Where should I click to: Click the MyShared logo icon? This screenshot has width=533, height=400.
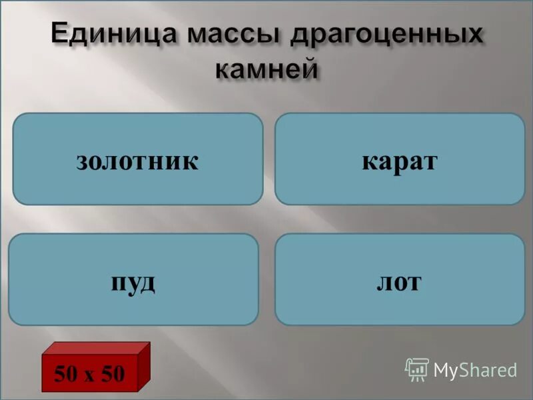point(417,369)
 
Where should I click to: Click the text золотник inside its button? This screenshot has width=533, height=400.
point(138,161)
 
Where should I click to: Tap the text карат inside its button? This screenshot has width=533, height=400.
point(399,161)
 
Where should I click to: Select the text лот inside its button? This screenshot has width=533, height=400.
point(399,282)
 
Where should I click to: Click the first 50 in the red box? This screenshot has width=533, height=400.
point(66,374)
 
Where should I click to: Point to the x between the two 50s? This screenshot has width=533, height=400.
point(89,375)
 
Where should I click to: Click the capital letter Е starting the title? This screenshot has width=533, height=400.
point(62,34)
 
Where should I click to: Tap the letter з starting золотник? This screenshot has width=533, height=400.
point(81,162)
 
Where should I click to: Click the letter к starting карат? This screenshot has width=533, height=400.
point(368,162)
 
